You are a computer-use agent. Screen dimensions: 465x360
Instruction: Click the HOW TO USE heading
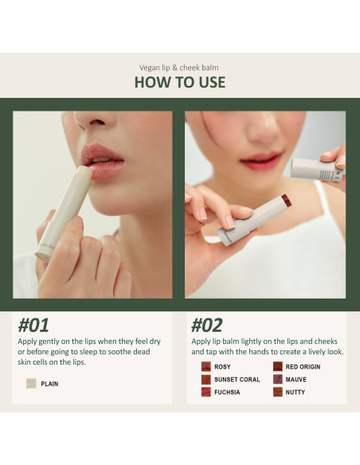tap(179, 82)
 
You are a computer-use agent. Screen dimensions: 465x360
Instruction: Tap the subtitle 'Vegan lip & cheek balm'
tap(179, 67)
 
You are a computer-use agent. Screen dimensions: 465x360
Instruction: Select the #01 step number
tap(33, 325)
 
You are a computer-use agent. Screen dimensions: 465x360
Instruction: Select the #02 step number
tap(207, 325)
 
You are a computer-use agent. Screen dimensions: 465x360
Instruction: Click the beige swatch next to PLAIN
tap(31, 384)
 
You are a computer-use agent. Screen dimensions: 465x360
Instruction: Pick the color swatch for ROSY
tap(205, 367)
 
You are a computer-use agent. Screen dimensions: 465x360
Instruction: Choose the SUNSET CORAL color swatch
tap(205, 380)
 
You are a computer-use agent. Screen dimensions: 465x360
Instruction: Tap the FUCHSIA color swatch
tap(205, 393)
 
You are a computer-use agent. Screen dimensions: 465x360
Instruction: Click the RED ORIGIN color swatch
tap(277, 367)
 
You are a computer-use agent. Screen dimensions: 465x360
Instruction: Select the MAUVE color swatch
tap(277, 380)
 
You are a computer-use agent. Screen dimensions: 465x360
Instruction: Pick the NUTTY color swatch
tap(277, 393)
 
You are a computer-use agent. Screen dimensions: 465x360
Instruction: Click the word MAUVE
tap(295, 380)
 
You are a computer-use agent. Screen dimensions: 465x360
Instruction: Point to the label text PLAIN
tap(49, 384)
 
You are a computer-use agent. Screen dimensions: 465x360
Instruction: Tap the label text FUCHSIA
tap(227, 393)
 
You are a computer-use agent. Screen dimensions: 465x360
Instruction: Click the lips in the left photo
tap(104, 159)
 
